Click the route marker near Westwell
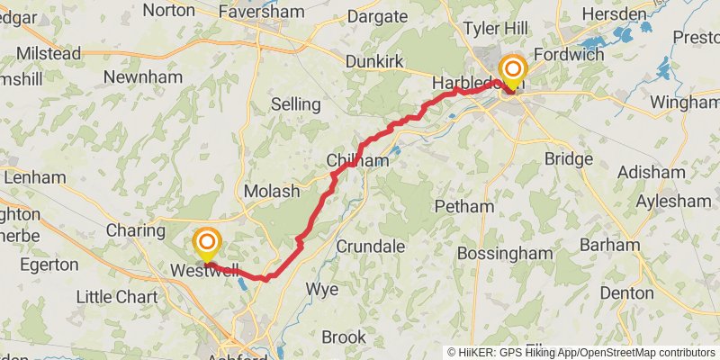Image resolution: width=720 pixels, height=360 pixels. [x=207, y=243]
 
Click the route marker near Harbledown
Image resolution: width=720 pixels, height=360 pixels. [x=514, y=69]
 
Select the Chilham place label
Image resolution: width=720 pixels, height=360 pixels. [x=357, y=160]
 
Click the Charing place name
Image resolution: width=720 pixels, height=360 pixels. [x=135, y=230]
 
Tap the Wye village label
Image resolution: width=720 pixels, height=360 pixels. [x=322, y=289]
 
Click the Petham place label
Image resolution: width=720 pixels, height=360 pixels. [x=463, y=206]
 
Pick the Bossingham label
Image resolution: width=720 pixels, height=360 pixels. [x=504, y=253]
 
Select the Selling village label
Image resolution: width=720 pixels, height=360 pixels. [x=295, y=104]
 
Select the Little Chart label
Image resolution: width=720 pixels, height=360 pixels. [x=117, y=297]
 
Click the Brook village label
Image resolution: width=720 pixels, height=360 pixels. [x=344, y=337]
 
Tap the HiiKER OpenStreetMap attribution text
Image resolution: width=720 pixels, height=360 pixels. [x=581, y=353]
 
